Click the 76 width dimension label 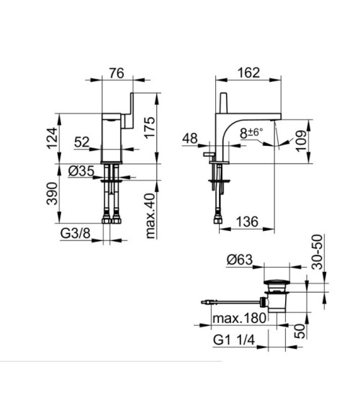(x=117, y=73)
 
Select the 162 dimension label (x=248, y=73)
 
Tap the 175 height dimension (x=150, y=128)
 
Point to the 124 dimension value (x=52, y=138)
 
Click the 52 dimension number (x=81, y=142)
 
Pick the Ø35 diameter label (x=81, y=171)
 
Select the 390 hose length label (x=52, y=194)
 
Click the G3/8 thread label (x=75, y=234)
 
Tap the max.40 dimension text (x=150, y=216)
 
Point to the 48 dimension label (x=190, y=139)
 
